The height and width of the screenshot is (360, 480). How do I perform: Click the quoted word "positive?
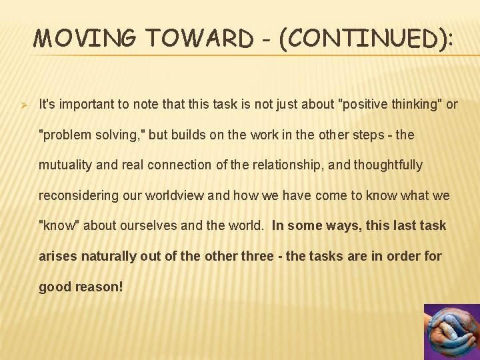[x=362, y=105]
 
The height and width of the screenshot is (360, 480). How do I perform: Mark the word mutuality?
[x=65, y=165]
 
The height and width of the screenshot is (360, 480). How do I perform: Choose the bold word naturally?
[x=111, y=256]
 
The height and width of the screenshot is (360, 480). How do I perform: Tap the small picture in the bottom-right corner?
[x=451, y=332]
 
